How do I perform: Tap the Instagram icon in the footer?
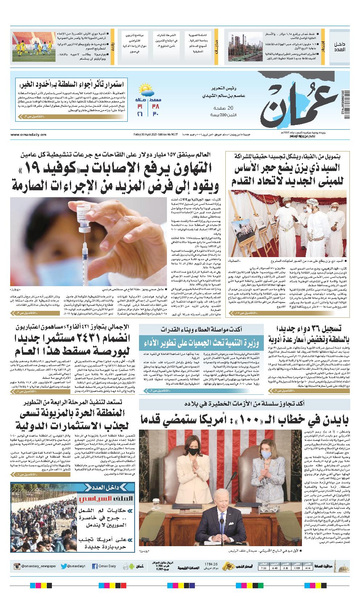(17, 566)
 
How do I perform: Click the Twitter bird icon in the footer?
(64, 566)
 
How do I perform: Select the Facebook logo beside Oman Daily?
(95, 566)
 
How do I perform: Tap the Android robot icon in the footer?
(126, 566)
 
